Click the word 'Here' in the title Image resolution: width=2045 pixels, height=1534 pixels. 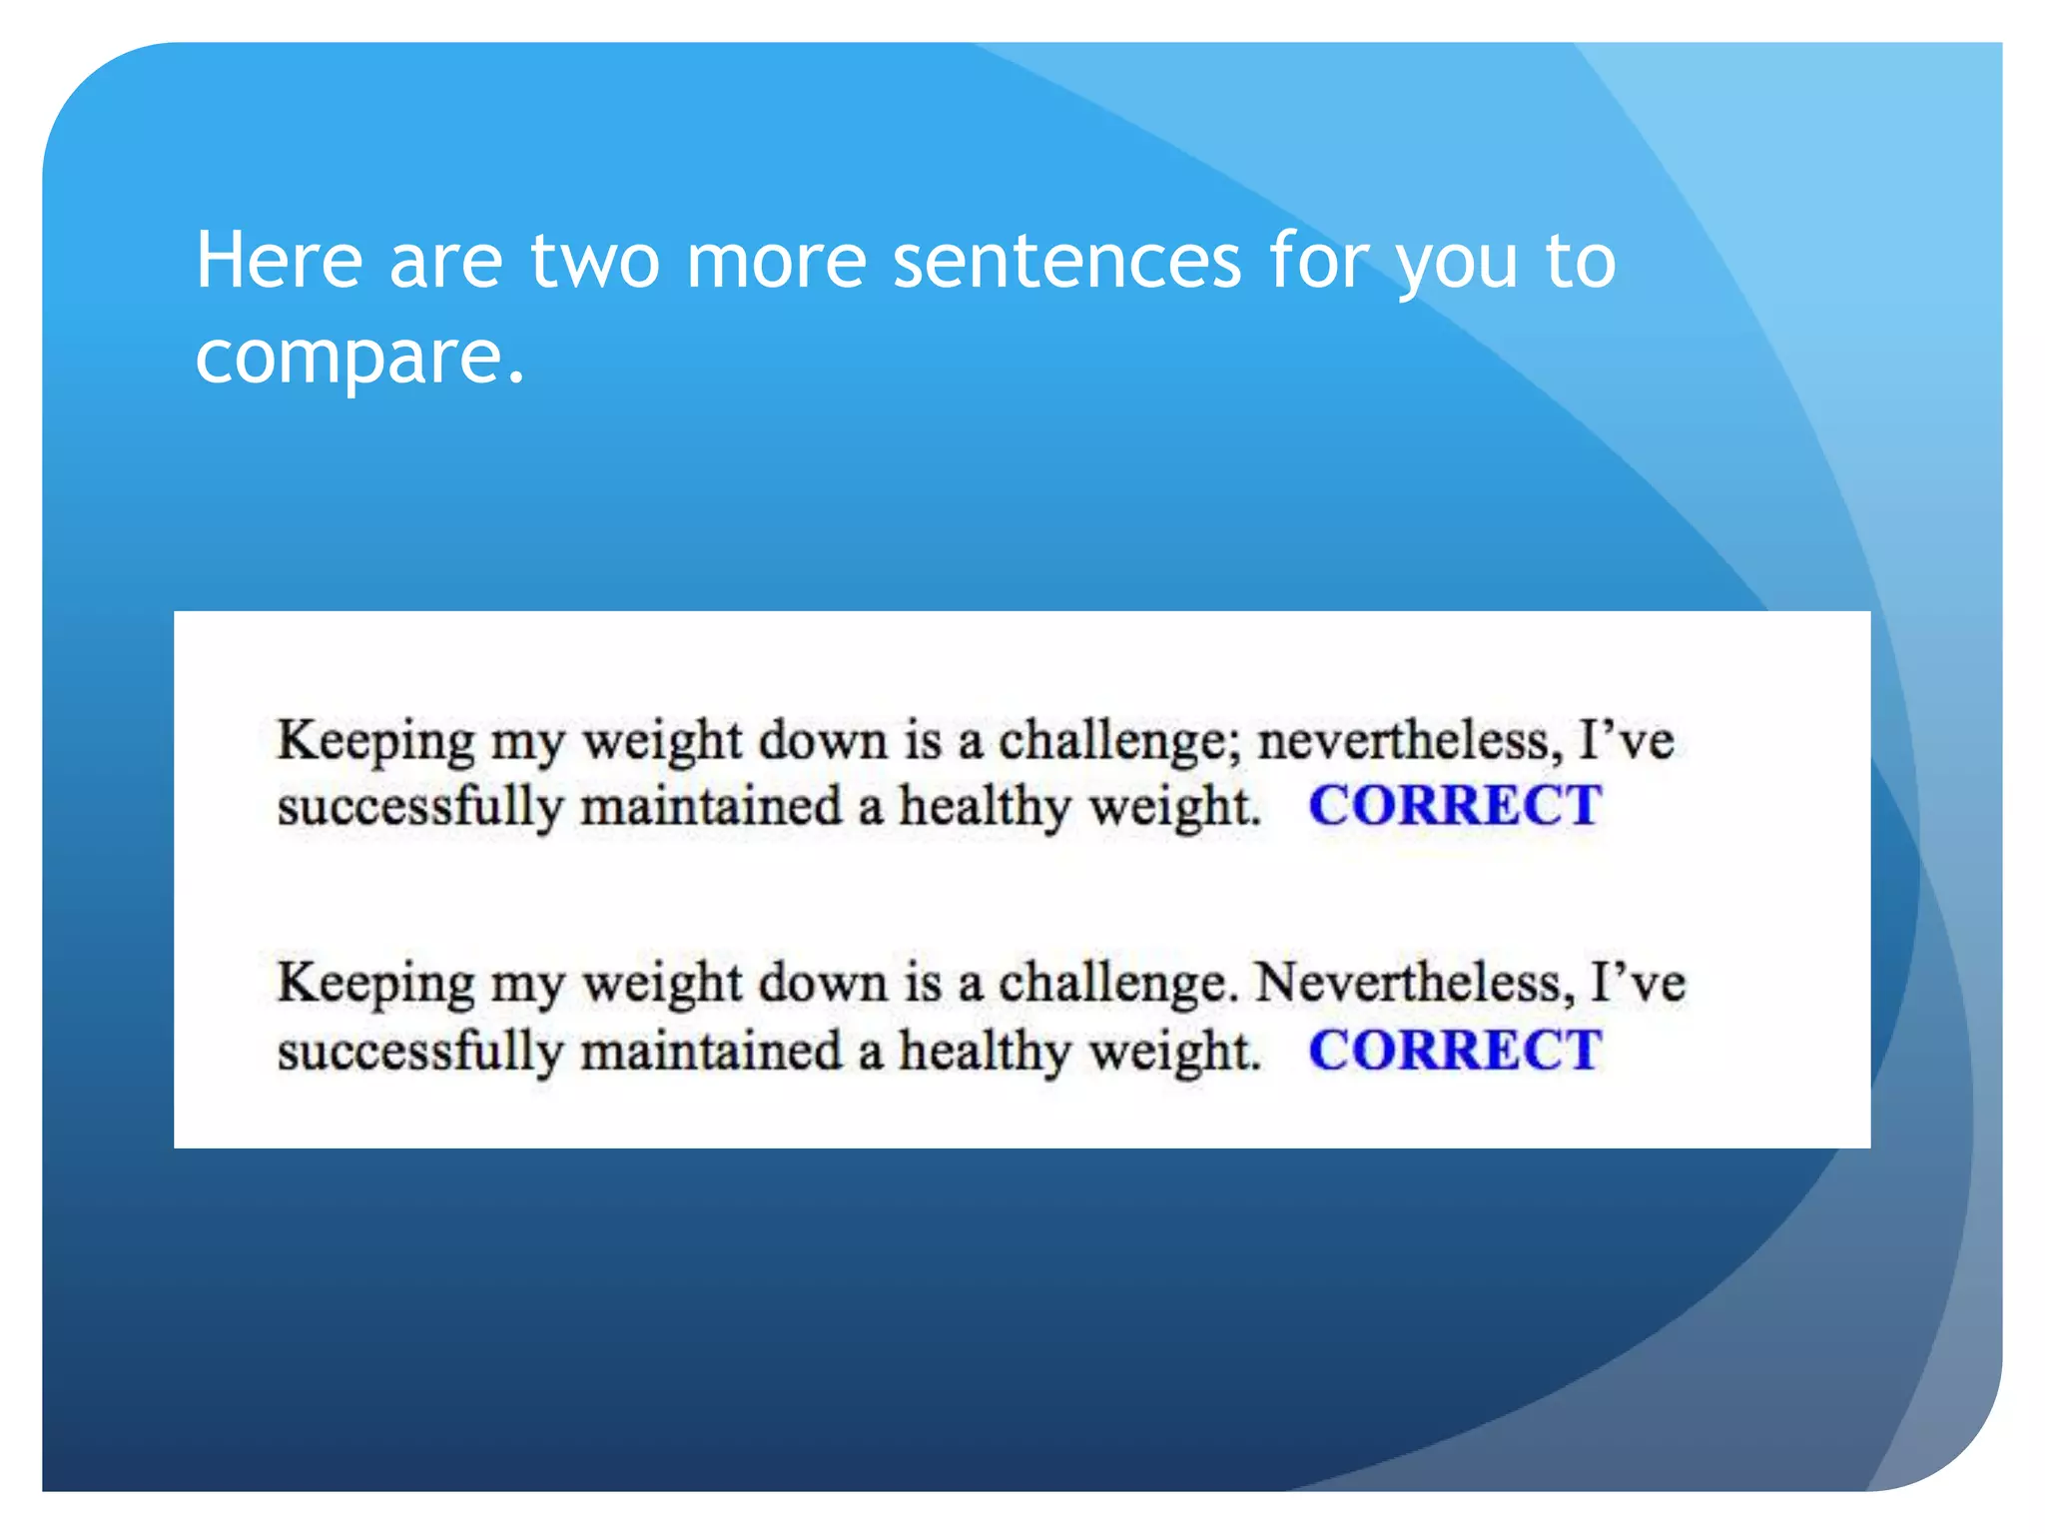[279, 262]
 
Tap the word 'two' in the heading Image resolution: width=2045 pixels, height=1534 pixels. [595, 262]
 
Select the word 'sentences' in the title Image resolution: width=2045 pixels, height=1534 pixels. [1066, 262]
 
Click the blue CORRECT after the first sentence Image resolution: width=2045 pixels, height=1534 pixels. [1455, 806]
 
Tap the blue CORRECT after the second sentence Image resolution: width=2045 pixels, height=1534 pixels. [1455, 1051]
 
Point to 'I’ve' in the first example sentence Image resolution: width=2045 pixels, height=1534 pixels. [1626, 742]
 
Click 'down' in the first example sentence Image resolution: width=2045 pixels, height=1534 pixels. [823, 742]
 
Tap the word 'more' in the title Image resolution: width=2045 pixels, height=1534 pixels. [776, 262]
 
